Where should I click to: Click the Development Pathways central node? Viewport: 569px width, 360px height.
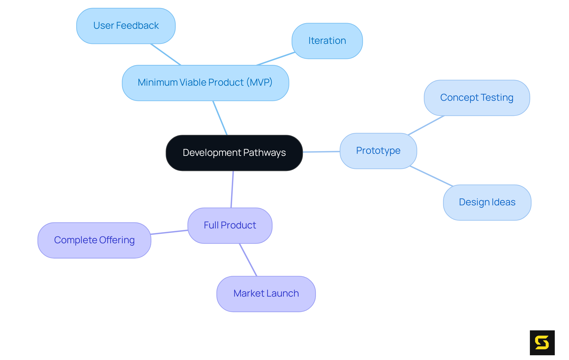point(234,153)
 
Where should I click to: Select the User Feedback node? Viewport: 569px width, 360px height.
point(126,26)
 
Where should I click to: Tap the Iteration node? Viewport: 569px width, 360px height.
point(327,41)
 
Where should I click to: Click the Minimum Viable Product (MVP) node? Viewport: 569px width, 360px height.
point(205,83)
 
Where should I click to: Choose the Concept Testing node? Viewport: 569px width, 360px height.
point(477,98)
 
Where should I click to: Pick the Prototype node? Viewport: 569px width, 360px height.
point(378,151)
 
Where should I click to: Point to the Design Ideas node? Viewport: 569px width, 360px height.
point(487,202)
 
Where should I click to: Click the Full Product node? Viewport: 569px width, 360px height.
point(230,225)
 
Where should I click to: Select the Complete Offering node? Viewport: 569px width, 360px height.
point(94,240)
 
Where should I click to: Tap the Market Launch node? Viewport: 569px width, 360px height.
point(266,294)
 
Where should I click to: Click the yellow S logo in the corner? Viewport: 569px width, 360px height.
point(542,343)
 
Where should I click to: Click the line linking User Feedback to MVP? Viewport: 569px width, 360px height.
point(166,55)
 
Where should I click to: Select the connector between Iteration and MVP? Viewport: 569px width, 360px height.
point(276,59)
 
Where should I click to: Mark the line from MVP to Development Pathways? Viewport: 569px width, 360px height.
point(220,118)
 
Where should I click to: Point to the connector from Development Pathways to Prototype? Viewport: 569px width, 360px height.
point(321,152)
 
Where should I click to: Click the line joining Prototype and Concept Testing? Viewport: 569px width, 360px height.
point(426,125)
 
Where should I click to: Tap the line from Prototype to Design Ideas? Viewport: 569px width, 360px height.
point(431,176)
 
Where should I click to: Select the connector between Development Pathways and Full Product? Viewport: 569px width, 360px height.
point(232,189)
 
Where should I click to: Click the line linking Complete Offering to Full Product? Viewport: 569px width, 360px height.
point(169,232)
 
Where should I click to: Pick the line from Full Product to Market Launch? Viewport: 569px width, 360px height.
point(248,260)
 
